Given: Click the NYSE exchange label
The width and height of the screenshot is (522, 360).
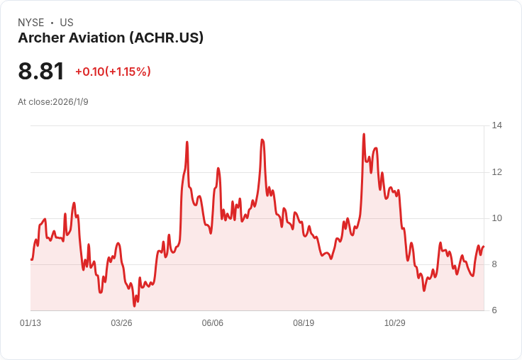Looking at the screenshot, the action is [x=31, y=23].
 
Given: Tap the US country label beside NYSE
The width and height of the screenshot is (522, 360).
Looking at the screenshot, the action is [x=67, y=23].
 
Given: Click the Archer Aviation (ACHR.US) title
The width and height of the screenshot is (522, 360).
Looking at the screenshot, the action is [x=111, y=38].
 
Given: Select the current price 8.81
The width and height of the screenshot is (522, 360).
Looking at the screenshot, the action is [x=41, y=71].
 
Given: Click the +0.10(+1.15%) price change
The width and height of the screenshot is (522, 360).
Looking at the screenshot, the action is [x=113, y=72].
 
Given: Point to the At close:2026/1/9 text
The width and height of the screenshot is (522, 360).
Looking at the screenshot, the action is [x=53, y=102].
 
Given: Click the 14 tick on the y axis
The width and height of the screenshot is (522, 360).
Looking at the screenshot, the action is [x=497, y=125].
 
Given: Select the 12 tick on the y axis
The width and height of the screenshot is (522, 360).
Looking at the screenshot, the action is [x=497, y=172].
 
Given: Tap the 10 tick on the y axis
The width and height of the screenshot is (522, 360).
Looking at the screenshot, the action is [x=497, y=218].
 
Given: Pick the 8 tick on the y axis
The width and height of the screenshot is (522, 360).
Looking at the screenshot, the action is [x=494, y=264].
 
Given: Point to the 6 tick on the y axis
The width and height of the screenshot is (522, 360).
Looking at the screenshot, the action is [x=494, y=310].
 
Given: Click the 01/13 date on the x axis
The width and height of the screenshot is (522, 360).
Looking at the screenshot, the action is [x=30, y=323].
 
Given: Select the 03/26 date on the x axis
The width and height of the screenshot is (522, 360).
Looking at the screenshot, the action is [x=121, y=323].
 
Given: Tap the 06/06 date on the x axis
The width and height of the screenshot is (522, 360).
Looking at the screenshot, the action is [x=212, y=323].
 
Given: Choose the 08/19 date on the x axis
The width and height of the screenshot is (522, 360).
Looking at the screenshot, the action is [x=304, y=323].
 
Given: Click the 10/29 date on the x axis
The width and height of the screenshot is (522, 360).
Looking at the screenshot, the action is [x=395, y=323].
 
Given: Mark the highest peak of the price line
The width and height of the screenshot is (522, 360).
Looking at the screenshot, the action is [x=364, y=134].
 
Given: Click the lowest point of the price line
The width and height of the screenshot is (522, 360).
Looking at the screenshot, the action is [x=134, y=305].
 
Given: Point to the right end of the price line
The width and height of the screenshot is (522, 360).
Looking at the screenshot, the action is [x=484, y=247].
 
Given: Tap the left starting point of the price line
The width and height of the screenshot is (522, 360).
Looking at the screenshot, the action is [x=31, y=259].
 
